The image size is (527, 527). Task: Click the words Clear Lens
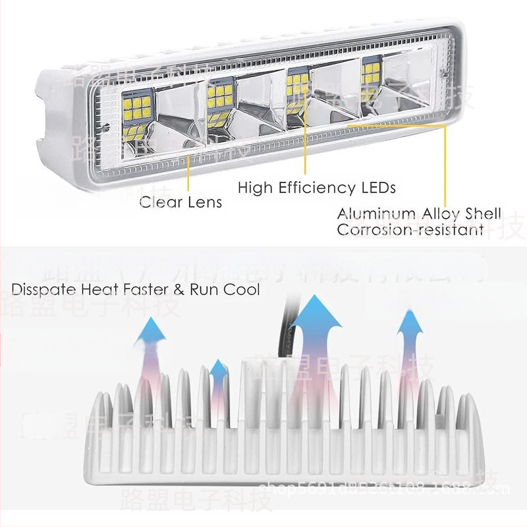click(180, 202)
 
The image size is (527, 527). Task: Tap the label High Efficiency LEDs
click(316, 188)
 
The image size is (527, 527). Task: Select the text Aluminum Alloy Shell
click(419, 214)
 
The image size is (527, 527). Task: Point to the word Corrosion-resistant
click(410, 230)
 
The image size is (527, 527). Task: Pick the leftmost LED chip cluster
click(136, 110)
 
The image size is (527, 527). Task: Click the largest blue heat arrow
click(316, 329)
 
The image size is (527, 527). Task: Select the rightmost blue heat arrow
click(410, 333)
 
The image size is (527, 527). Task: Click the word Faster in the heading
click(152, 290)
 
